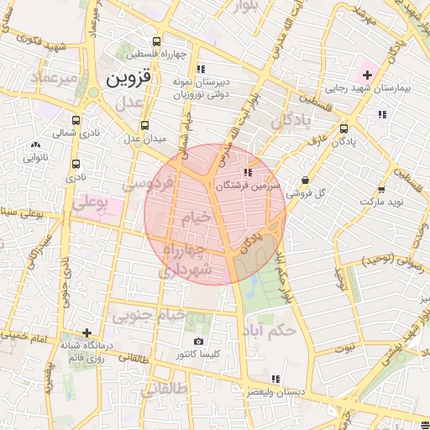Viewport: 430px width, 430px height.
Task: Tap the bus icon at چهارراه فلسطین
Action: (157, 41)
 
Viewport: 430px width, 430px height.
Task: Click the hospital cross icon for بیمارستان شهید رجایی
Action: (366, 76)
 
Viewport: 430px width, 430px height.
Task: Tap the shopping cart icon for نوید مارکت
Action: (381, 190)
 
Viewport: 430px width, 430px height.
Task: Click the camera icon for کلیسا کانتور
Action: (198, 342)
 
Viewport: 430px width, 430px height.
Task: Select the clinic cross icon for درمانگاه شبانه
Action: (86, 333)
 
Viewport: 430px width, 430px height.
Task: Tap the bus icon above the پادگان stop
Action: (343, 128)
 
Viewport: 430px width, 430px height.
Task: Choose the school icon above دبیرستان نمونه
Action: (200, 69)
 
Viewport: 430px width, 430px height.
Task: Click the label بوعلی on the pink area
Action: (92, 202)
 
